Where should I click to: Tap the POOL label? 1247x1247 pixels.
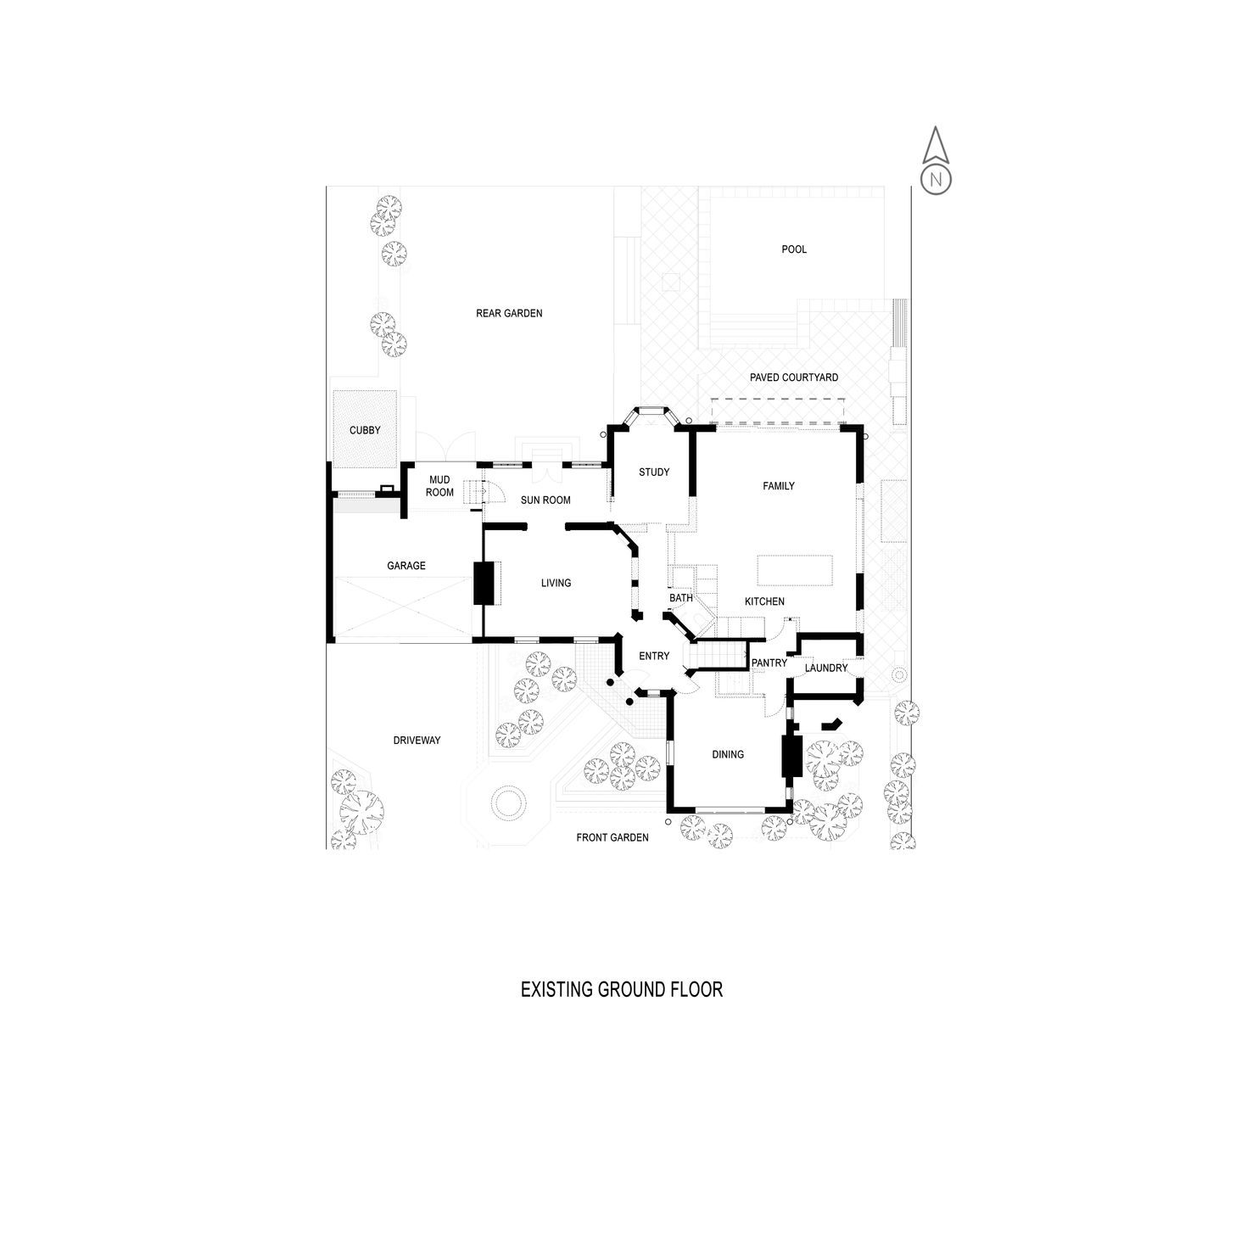794,249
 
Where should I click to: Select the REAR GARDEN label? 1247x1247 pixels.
509,313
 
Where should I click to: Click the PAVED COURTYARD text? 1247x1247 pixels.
794,377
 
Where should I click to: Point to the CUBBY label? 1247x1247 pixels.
365,430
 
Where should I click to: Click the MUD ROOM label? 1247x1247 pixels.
439,486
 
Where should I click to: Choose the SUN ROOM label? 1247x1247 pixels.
545,500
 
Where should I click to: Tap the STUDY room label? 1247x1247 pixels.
654,473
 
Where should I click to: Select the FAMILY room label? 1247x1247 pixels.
779,486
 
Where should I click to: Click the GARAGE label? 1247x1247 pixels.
406,566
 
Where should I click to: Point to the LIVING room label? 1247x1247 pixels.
556,583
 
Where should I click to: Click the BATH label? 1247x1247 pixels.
681,598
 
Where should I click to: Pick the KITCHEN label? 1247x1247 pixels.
764,601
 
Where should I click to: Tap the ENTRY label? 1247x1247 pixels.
654,657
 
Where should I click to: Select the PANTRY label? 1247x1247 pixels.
769,663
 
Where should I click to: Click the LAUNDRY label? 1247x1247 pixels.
826,668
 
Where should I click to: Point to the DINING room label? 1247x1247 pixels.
728,754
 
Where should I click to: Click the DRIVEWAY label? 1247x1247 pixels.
417,741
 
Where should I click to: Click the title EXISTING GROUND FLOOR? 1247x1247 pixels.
622,989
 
